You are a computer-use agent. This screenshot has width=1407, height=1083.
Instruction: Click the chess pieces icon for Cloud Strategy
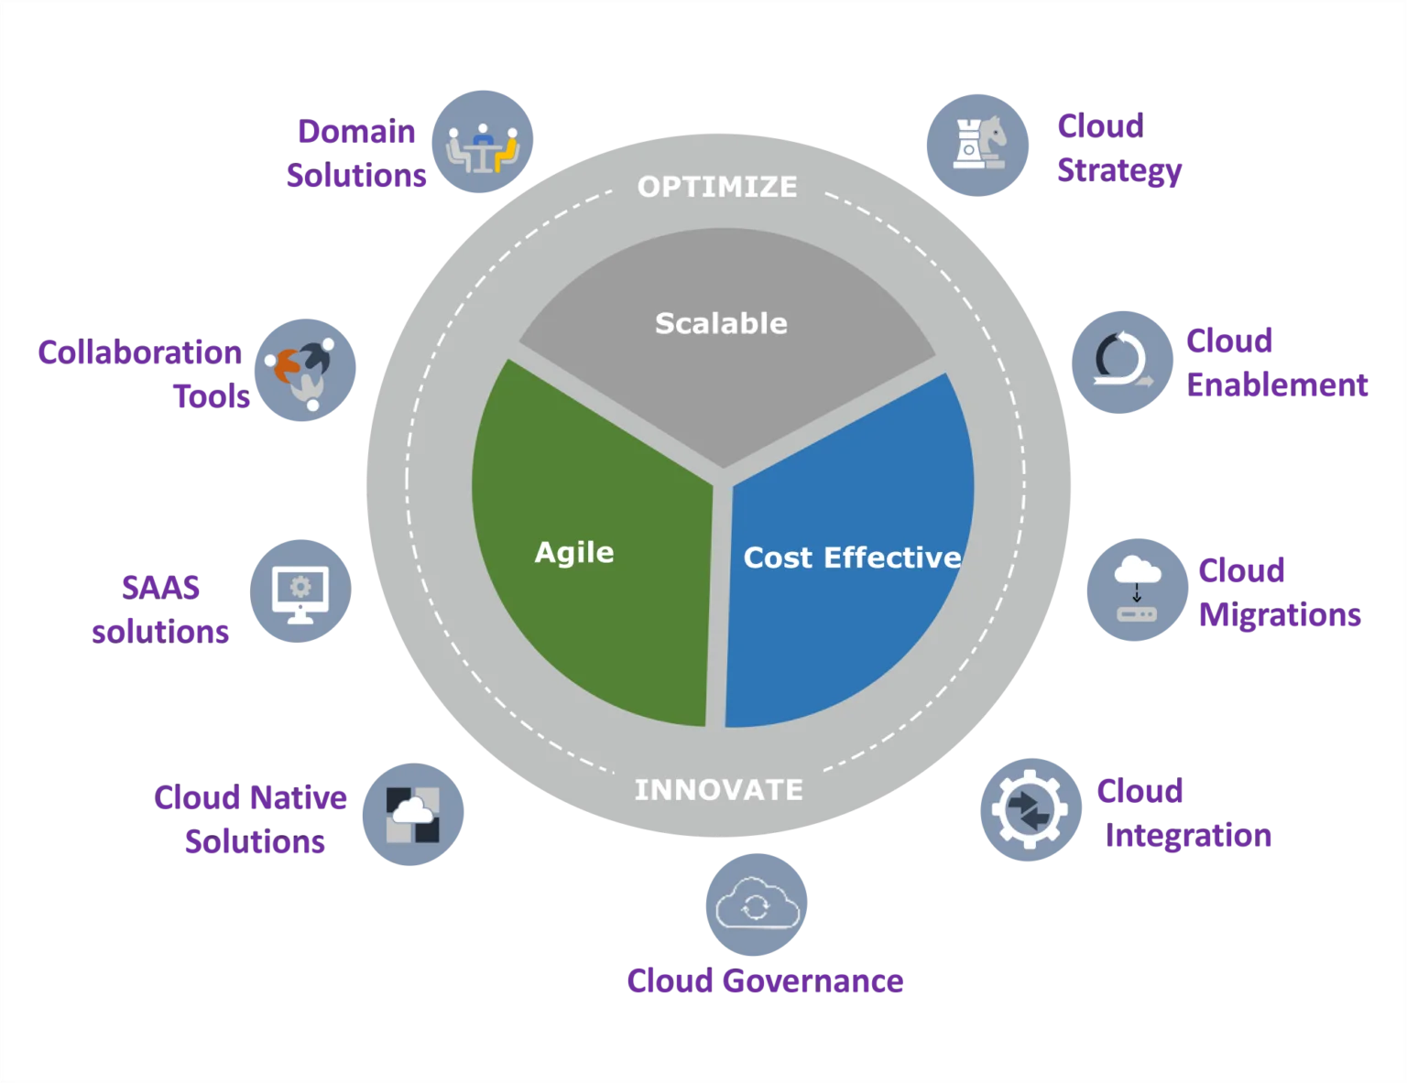977,145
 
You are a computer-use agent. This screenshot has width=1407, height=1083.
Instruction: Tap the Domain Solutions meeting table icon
483,142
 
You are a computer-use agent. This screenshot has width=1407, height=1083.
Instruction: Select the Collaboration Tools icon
304,370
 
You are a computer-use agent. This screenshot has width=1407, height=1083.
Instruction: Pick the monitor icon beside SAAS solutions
300,590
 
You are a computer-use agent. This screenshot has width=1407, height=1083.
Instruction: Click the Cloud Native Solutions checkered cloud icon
412,814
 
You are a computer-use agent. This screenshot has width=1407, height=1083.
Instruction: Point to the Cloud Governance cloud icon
757,904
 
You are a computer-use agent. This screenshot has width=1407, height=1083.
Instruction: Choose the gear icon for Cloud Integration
1031,809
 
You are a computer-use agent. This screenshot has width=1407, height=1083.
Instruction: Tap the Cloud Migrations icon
1137,590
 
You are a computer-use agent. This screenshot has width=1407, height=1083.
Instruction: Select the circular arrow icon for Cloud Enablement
1122,363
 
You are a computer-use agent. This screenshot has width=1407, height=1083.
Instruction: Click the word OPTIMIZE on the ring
717,187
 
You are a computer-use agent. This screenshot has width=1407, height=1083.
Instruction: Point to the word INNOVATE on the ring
719,790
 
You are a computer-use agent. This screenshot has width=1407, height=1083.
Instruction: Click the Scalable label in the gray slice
721,323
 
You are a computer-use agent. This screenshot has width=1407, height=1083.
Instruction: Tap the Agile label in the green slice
574,554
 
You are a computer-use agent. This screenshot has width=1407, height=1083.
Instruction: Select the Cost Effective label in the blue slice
853,558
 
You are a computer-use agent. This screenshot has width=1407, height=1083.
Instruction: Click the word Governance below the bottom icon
813,980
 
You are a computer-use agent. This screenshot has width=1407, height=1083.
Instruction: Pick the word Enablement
1277,384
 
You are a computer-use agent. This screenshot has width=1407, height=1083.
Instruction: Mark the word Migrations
1280,614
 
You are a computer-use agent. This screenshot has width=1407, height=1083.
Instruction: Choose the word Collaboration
140,352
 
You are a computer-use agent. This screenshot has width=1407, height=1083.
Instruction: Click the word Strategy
1119,171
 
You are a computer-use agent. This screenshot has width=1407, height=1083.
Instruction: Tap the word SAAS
160,588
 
